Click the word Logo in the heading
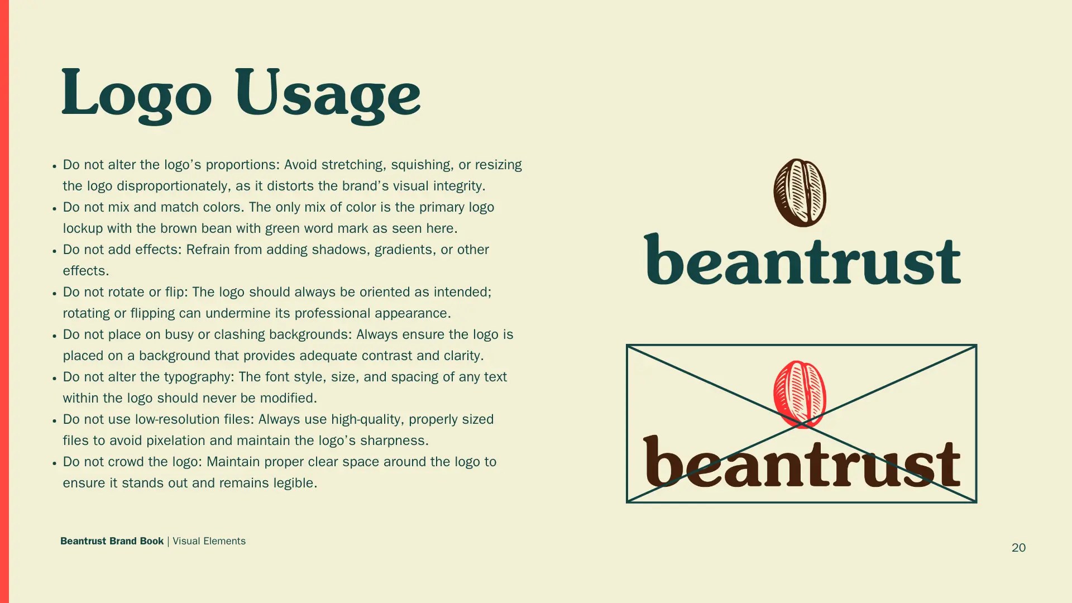(x=136, y=94)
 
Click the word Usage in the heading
(x=328, y=94)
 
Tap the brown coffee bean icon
(x=800, y=193)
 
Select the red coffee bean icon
(x=800, y=394)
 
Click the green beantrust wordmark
(x=802, y=259)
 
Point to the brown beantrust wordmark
(x=802, y=461)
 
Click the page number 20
(x=1018, y=548)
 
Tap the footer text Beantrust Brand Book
(x=112, y=541)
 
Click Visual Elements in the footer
(x=209, y=541)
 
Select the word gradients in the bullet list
(x=405, y=250)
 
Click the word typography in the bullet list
(x=199, y=377)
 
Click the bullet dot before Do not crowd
(x=54, y=463)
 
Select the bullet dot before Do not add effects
(x=54, y=251)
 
